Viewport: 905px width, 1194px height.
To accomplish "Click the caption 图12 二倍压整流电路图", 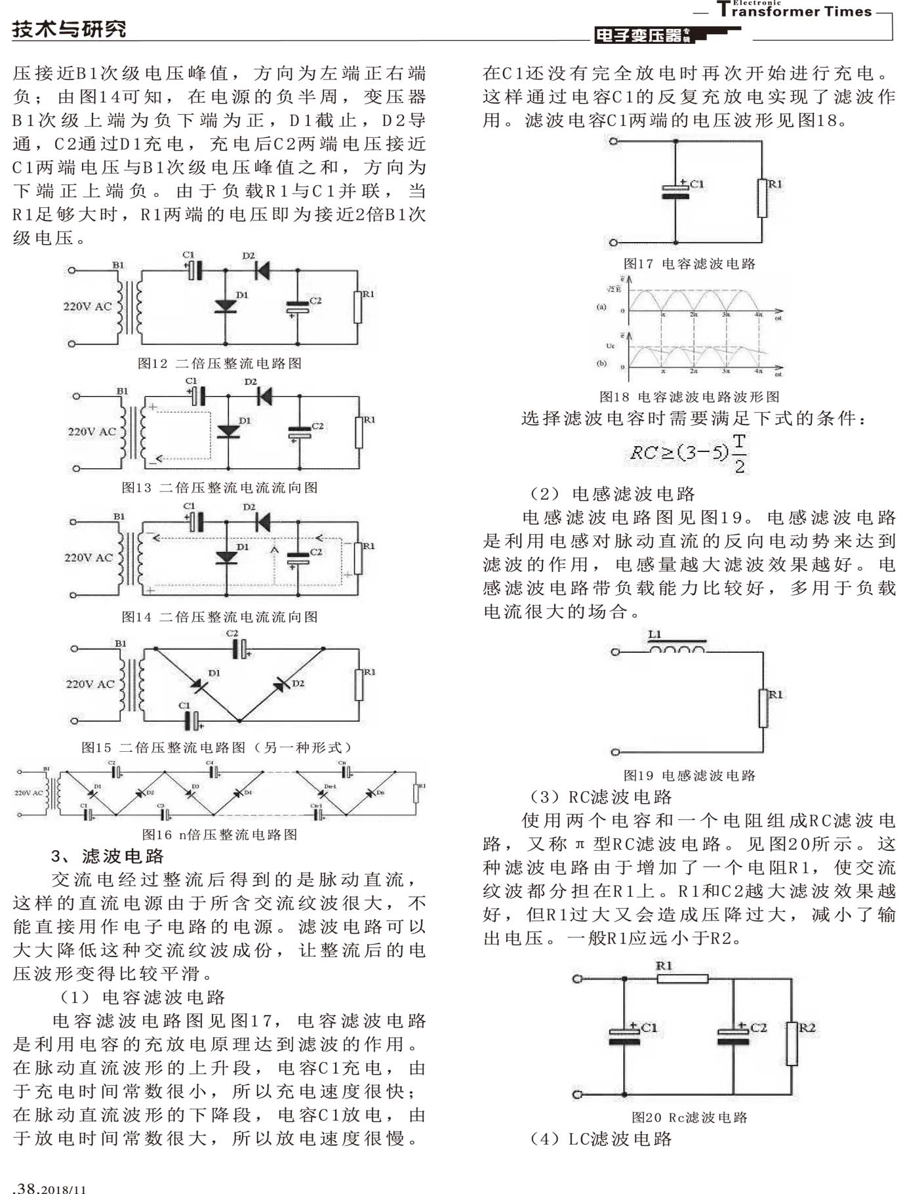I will pos(220,363).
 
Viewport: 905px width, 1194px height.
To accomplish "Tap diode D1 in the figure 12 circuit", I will pos(226,306).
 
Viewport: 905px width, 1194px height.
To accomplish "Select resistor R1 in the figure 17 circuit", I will pos(762,197).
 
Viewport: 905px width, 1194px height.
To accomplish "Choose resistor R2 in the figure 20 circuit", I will pos(792,1043).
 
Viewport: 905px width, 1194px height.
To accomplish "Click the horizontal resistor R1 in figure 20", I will pos(682,979).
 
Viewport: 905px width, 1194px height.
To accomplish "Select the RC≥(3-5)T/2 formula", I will pos(689,453).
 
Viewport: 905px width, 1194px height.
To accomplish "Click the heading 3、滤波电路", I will pos(108,856).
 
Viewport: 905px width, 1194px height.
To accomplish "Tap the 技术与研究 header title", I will pos(69,29).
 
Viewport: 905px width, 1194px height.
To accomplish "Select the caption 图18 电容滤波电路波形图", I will pos(689,397).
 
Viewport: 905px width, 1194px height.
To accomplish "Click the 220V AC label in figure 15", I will pos(90,684).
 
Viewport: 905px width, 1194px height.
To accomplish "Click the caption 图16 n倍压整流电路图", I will pos(220,834).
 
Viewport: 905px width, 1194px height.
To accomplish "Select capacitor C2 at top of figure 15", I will pos(240,649).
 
